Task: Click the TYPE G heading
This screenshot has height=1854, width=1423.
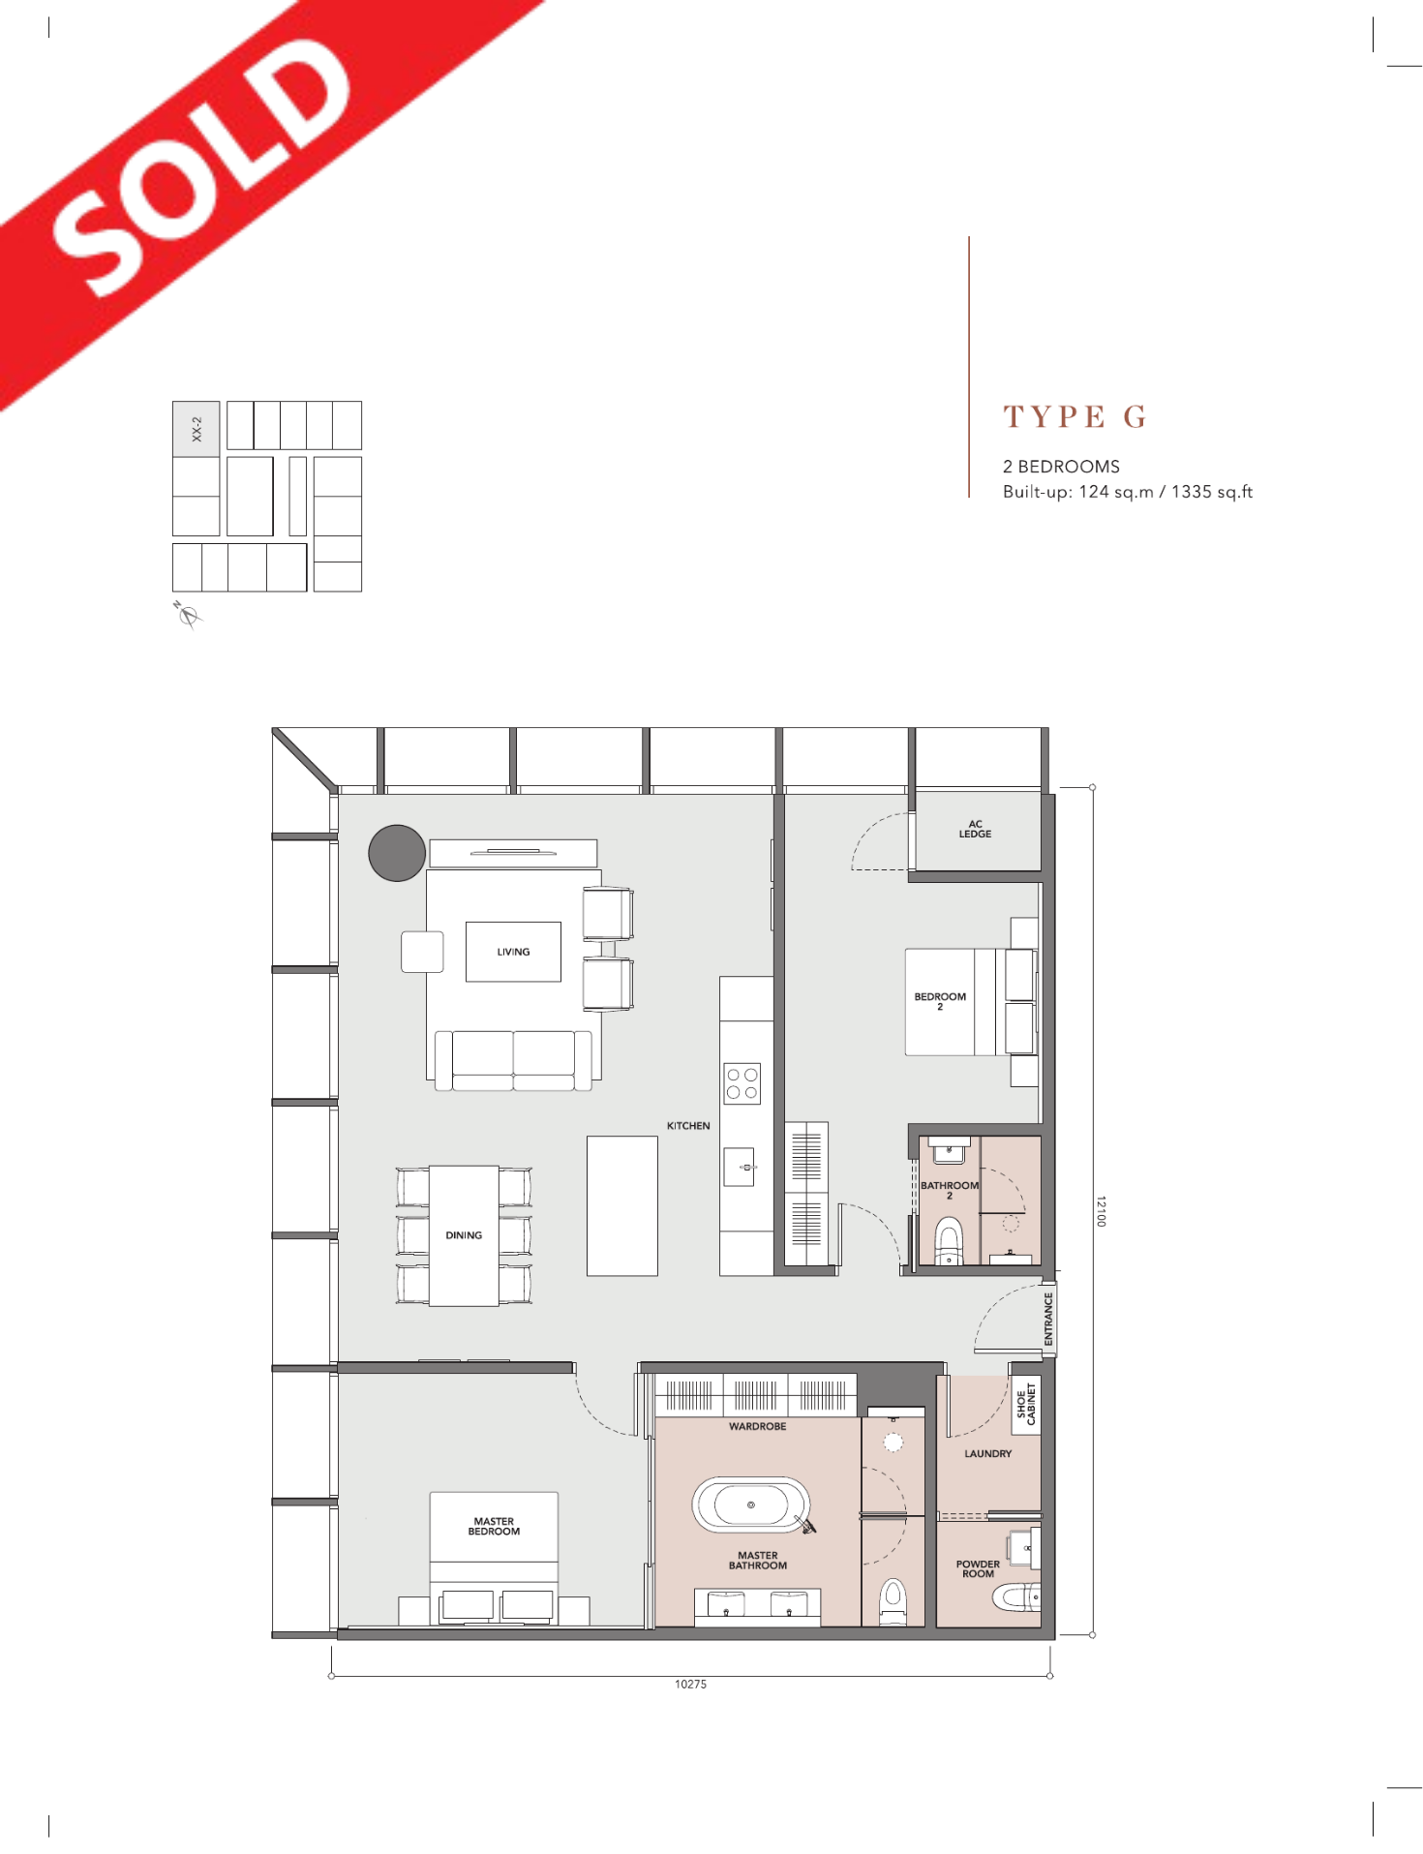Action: (1075, 417)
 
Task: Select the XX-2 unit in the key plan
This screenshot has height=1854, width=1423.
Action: (197, 429)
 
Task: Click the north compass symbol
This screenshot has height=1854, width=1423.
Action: (188, 615)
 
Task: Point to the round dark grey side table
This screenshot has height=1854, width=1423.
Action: (397, 853)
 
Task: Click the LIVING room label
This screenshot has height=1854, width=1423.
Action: (513, 952)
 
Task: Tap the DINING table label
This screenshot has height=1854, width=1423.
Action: (464, 1235)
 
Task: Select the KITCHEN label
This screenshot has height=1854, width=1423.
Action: (688, 1126)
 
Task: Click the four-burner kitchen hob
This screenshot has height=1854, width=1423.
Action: (742, 1083)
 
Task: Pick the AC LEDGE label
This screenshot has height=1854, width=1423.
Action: (975, 829)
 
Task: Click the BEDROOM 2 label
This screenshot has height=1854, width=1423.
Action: (940, 1001)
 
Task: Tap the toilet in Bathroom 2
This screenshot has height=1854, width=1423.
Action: (949, 1241)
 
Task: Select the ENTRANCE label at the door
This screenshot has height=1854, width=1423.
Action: (1048, 1319)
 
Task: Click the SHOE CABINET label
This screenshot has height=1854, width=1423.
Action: (1026, 1404)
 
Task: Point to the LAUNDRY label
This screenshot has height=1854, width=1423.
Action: (987, 1453)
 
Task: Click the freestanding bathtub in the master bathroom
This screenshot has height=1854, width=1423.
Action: (751, 1505)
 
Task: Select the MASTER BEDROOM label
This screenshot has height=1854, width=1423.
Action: (494, 1526)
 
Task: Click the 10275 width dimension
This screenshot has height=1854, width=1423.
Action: (690, 1684)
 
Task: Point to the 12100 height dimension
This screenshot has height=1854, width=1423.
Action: (1101, 1211)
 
